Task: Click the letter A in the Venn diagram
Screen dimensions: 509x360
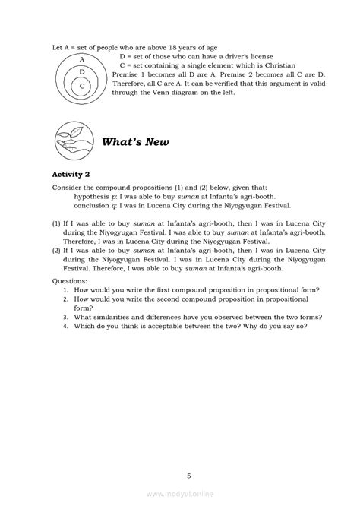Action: [x=81, y=58]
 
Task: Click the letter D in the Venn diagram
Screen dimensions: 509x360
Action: [x=81, y=71]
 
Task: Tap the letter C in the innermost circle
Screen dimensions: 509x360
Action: [x=81, y=86]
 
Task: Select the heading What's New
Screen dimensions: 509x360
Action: [x=136, y=141]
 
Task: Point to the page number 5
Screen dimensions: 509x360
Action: [x=188, y=454]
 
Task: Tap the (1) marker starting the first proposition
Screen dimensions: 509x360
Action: [x=56, y=226]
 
